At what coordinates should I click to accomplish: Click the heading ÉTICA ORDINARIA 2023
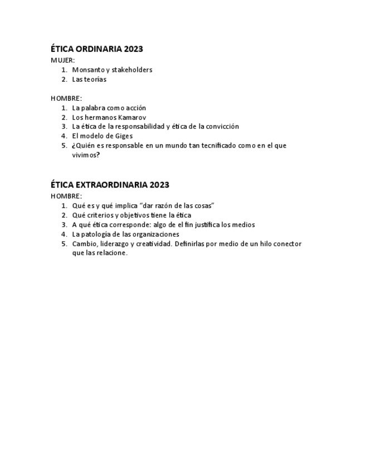pyautogui.click(x=96, y=49)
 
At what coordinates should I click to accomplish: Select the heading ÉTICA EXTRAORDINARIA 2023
pyautogui.click(x=110, y=185)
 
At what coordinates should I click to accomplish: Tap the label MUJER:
pyautogui.click(x=63, y=60)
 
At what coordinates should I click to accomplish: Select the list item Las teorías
pyautogui.click(x=89, y=79)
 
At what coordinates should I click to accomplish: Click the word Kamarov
pyautogui.click(x=132, y=117)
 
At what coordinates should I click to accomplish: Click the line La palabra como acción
pyautogui.click(x=109, y=108)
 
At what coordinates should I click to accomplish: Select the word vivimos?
pyautogui.click(x=86, y=155)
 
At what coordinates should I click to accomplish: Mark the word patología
pyautogui.click(x=98, y=234)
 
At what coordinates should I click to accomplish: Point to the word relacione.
pyautogui.click(x=110, y=253)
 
